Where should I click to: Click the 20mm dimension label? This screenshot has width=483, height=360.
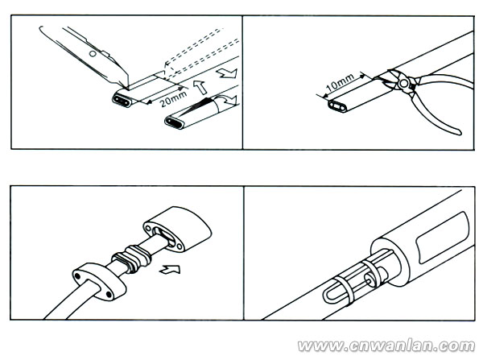[x=174, y=98]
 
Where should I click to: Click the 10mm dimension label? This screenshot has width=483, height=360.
[x=340, y=82]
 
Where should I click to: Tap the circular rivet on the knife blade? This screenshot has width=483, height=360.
[x=92, y=54]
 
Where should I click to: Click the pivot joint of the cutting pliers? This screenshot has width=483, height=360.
[x=402, y=83]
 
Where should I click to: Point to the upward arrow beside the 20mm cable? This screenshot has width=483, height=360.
[x=200, y=87]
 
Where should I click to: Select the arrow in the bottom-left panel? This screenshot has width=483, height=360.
[x=170, y=269]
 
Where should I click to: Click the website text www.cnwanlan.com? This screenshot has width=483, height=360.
[x=386, y=346]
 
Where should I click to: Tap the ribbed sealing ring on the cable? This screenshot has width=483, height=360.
[x=131, y=259]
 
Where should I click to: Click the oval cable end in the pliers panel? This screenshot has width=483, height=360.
[x=338, y=106]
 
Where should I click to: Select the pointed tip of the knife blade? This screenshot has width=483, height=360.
[x=126, y=88]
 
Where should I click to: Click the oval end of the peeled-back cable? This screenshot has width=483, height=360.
[x=175, y=122]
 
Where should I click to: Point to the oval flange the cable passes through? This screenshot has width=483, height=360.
[x=99, y=281]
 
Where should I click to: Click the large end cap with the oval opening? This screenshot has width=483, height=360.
[x=177, y=230]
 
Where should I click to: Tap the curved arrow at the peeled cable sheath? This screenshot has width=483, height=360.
[x=227, y=100]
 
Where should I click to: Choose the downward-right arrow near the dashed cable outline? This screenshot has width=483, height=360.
[x=227, y=73]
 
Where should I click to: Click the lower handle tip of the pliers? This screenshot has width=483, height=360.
[x=459, y=133]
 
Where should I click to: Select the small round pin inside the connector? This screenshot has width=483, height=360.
[x=369, y=279]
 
